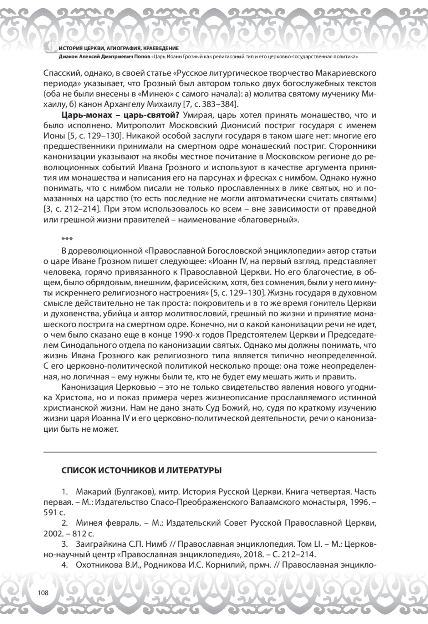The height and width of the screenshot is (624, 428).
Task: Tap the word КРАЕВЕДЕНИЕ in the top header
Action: tap(161, 48)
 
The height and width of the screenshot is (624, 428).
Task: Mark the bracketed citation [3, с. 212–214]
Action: tap(72, 209)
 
